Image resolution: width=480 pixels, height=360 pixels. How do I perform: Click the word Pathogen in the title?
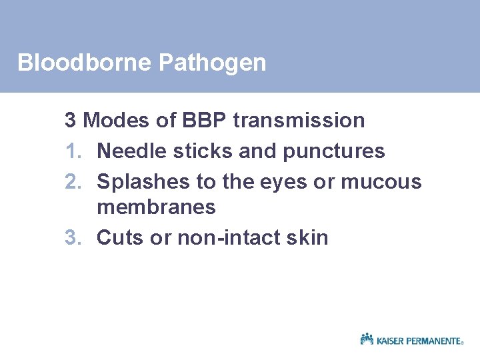click(x=213, y=63)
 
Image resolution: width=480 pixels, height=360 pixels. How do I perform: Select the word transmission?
click(x=299, y=121)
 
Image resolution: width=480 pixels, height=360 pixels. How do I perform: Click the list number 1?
click(x=71, y=151)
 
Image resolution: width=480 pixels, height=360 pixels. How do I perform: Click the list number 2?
click(x=71, y=181)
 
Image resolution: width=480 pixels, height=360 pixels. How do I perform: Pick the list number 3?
click(x=71, y=237)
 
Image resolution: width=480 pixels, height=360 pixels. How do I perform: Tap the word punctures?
click(x=334, y=152)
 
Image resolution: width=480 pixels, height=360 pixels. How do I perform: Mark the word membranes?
click(x=156, y=207)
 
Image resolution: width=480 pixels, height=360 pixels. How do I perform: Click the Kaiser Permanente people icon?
click(x=367, y=339)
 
